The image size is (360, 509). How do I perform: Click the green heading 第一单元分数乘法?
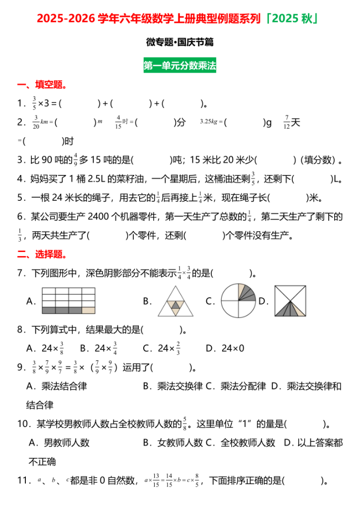(180, 66)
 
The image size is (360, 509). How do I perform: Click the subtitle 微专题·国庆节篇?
(180, 43)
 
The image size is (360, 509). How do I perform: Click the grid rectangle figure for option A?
(68, 300)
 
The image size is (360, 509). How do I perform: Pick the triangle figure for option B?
(175, 302)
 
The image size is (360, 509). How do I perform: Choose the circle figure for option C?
(238, 301)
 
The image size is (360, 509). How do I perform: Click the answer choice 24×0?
(232, 348)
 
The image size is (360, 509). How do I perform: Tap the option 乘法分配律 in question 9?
(243, 386)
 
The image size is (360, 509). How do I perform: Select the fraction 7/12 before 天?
(287, 122)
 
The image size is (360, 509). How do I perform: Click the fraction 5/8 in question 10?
(185, 424)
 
